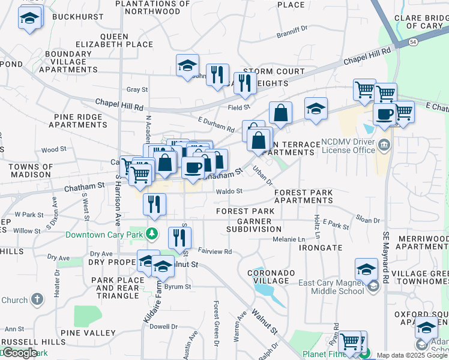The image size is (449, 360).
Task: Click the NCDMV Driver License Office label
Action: coord(348,145)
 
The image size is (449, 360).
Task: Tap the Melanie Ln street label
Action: coord(289,239)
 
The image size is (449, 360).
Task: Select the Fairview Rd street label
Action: coord(214,252)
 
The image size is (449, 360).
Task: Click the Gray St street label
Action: coord(137,89)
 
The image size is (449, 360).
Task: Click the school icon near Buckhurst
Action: coord(29,19)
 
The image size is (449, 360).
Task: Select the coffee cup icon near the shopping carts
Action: coord(384,113)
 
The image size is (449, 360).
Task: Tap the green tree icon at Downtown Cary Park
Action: coord(152,233)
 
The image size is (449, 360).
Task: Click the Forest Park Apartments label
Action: coord(303,197)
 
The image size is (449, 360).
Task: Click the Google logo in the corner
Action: coord(20,353)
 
